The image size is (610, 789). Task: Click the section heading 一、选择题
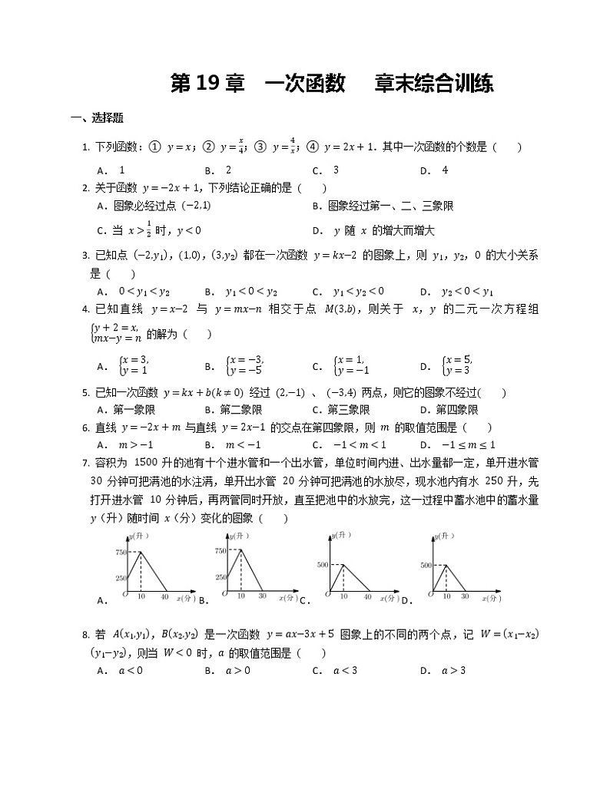(x=97, y=118)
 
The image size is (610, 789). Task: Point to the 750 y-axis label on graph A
(x=120, y=552)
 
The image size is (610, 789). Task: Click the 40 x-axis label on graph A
(x=164, y=596)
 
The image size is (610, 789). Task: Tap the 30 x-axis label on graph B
(x=261, y=596)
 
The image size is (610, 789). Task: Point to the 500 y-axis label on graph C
(x=321, y=565)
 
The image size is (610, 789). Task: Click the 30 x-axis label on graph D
(x=464, y=596)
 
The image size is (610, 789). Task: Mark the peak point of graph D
(x=446, y=565)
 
